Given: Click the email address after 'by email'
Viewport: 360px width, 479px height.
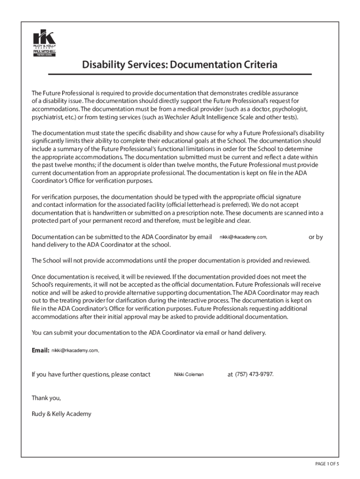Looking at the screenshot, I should tap(243, 238).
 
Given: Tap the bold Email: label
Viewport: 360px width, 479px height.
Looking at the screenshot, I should tap(40, 350).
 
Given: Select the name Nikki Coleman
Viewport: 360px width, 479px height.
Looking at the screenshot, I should tap(189, 375).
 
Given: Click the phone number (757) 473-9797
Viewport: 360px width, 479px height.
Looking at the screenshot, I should tap(254, 375).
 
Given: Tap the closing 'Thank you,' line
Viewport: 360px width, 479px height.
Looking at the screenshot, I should tap(46, 398).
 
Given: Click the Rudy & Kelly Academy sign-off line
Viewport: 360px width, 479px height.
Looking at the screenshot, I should tap(61, 414).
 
